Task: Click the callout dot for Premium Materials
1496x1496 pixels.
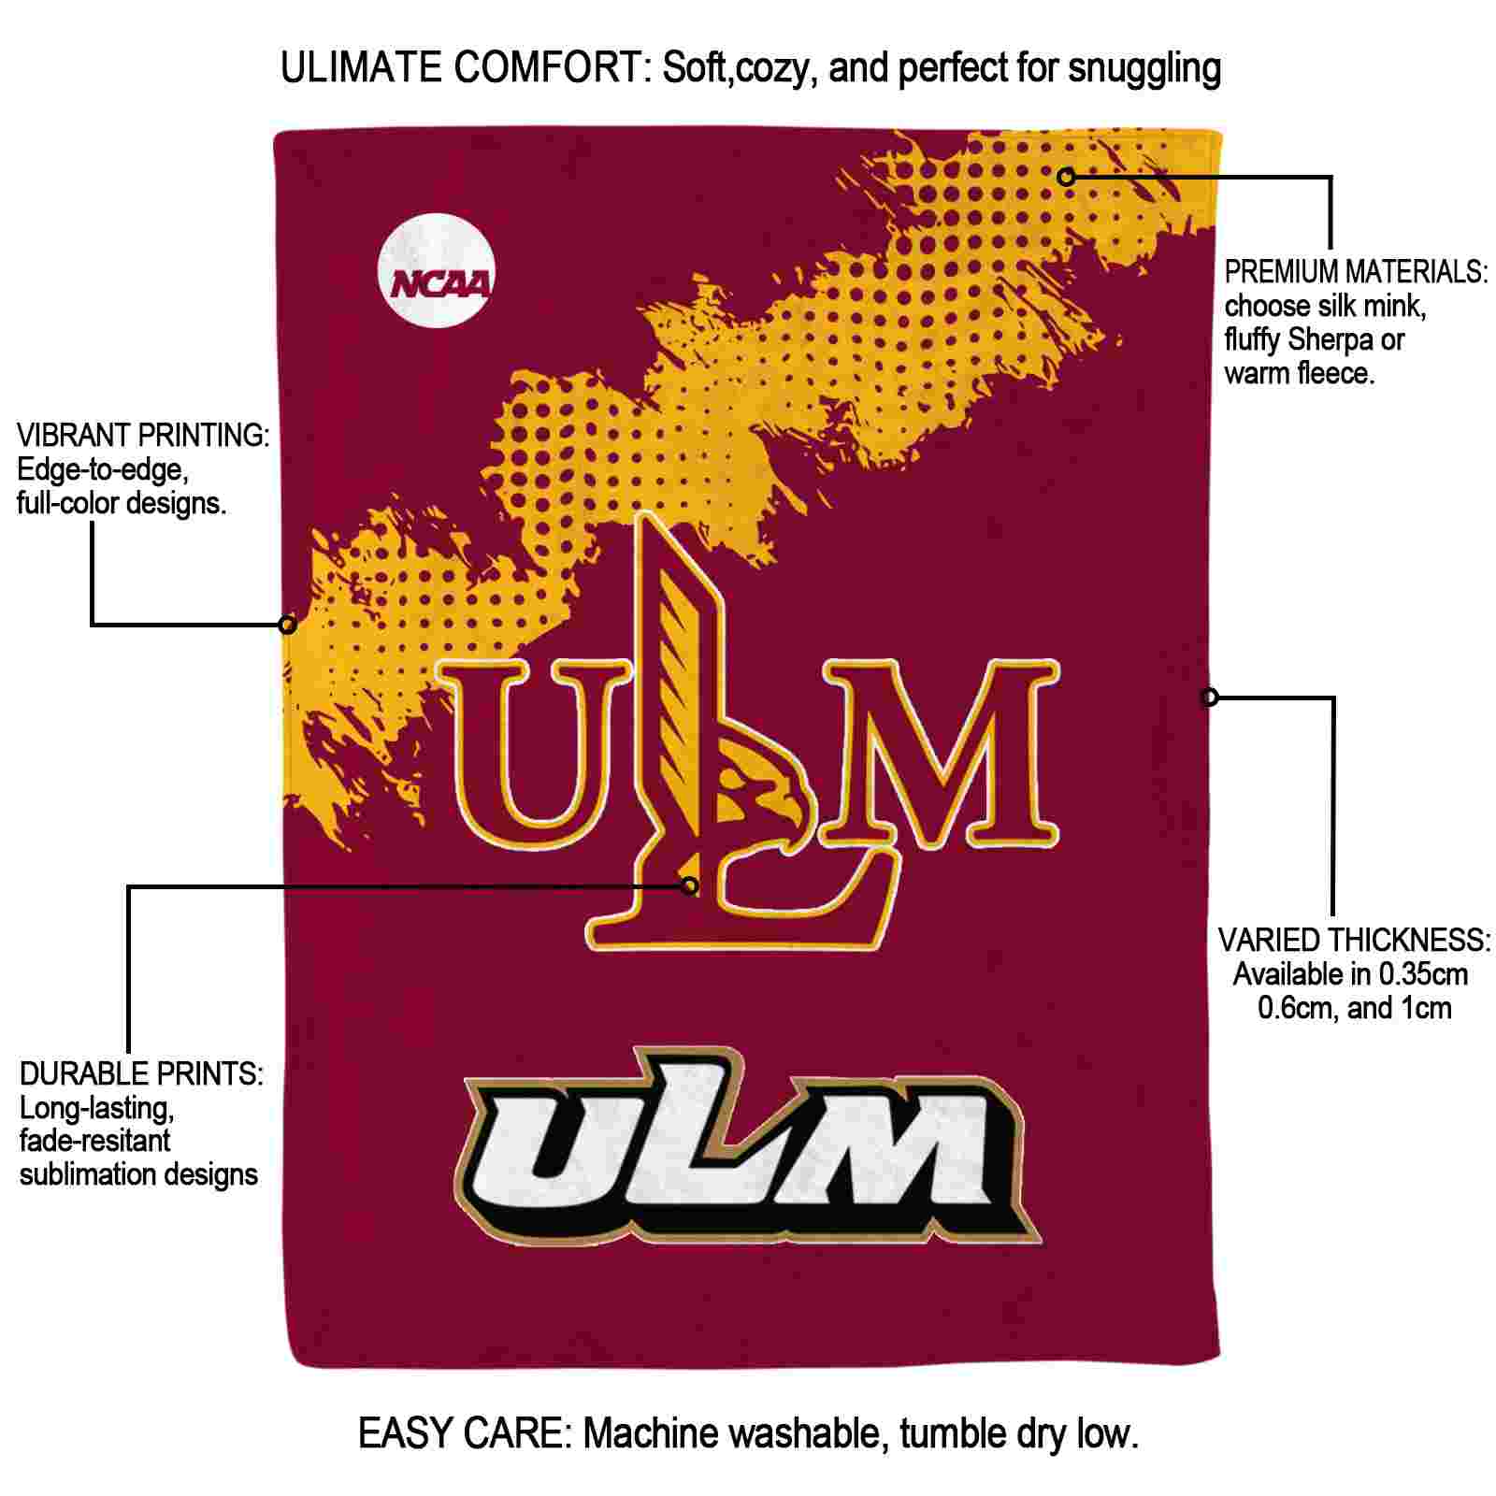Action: click(x=1066, y=177)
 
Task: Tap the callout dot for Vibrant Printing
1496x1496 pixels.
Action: click(x=288, y=624)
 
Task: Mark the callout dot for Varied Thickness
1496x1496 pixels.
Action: click(x=1210, y=697)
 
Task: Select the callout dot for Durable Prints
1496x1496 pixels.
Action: click(x=690, y=885)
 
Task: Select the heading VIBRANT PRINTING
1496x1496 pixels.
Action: click(x=143, y=435)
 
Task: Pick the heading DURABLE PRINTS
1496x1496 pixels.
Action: click(x=141, y=1073)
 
